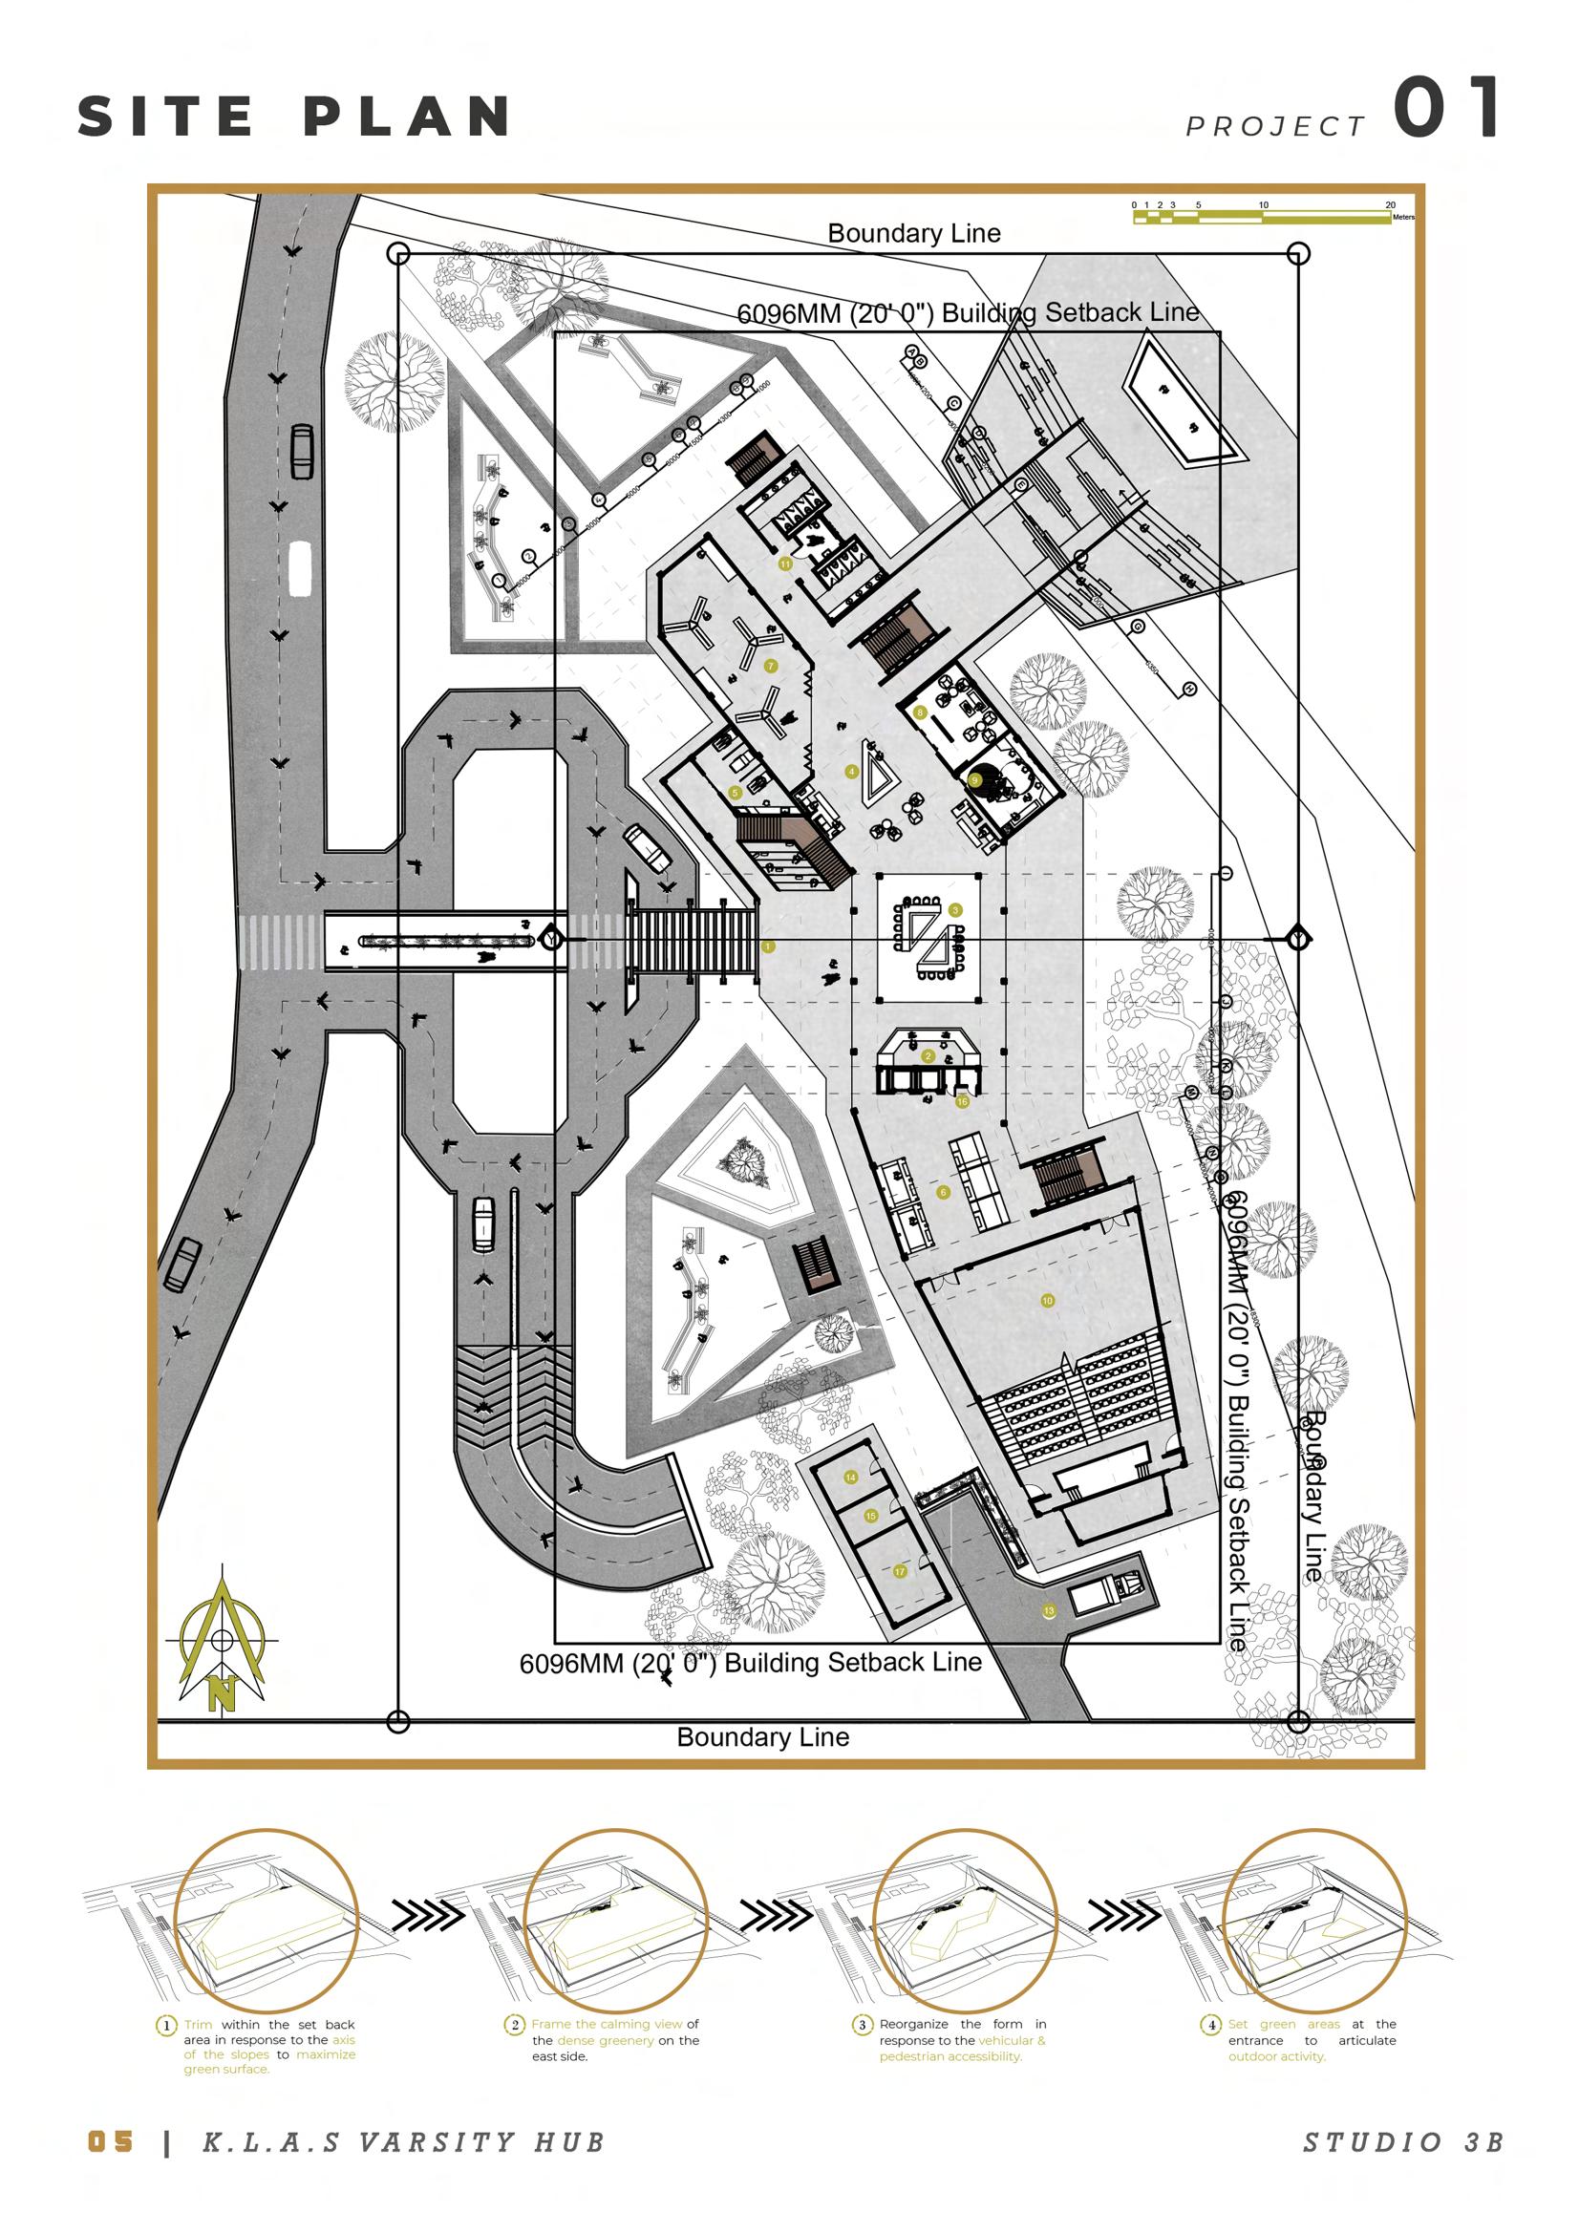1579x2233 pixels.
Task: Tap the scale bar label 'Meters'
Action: point(1403,218)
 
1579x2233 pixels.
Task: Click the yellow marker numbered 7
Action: point(771,667)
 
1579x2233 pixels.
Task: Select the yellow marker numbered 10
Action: point(1047,1300)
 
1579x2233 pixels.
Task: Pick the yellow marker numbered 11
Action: point(785,564)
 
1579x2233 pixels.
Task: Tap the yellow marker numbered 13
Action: point(1049,1610)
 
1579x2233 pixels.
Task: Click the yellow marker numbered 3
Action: point(955,910)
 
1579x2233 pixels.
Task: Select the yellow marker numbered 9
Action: point(975,780)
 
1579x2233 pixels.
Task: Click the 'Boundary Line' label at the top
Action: point(913,233)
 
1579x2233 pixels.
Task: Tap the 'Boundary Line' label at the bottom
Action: point(762,1737)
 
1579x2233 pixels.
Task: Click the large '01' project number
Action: point(1446,108)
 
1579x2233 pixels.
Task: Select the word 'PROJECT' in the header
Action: point(1275,126)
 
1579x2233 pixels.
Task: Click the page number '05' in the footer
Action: point(110,2141)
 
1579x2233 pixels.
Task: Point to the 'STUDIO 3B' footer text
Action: point(1403,2142)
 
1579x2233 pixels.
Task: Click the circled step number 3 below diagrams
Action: point(862,2025)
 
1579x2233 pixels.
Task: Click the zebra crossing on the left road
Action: point(280,942)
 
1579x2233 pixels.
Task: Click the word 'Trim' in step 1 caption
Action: point(199,2024)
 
